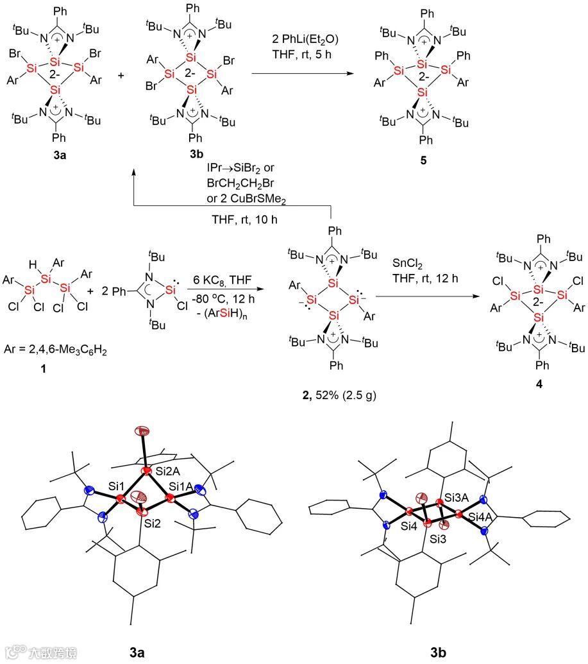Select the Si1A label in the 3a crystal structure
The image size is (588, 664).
click(x=182, y=487)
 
